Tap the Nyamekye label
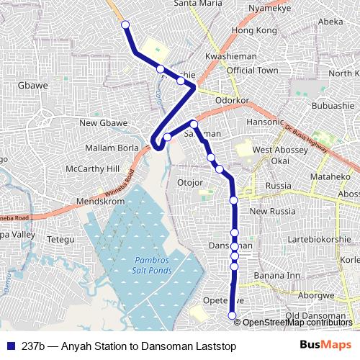(269, 9)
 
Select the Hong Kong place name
(254, 31)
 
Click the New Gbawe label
(104, 123)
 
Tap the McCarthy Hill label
(91, 169)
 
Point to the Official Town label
(252, 71)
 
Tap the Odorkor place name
(232, 100)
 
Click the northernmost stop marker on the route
(125, 25)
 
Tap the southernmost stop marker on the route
(232, 315)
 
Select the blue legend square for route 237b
(9, 346)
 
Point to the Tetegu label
(60, 239)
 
